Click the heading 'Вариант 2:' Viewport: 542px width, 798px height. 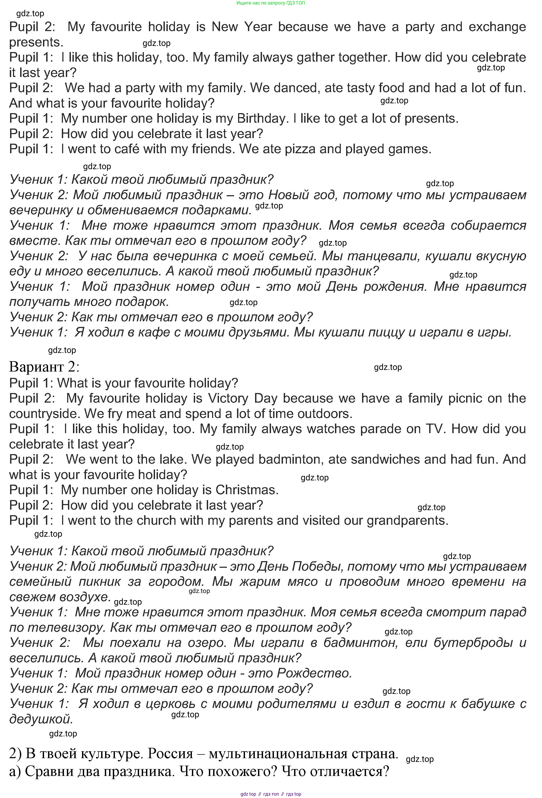pos(44,367)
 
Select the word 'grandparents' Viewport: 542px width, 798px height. pos(407,520)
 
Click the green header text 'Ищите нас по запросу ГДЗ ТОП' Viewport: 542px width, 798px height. pos(270,3)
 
